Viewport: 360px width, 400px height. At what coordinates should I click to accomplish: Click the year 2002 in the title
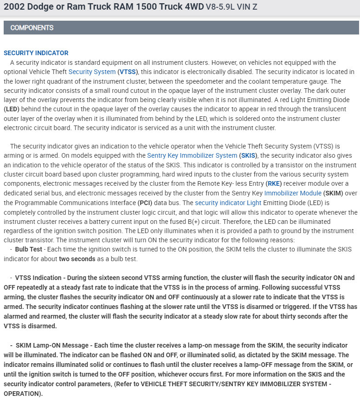14,7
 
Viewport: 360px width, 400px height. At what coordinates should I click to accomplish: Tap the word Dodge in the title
40,7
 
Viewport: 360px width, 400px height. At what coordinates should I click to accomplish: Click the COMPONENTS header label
32,28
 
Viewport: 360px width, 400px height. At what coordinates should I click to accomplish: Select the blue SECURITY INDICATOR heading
36,53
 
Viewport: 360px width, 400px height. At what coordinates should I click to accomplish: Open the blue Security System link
92,72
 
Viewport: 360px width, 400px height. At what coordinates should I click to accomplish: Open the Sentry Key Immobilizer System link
192,155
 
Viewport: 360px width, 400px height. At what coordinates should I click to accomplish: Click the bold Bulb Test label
29,249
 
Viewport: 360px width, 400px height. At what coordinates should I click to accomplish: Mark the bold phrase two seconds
77,259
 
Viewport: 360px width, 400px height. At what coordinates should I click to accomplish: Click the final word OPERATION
22,394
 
